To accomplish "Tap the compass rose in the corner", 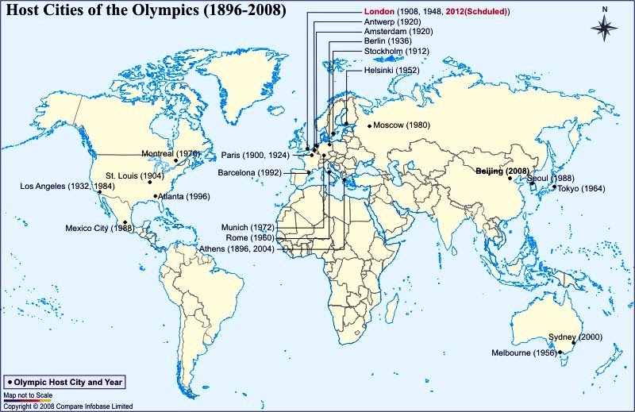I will click(x=605, y=26).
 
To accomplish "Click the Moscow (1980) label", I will click(x=401, y=125).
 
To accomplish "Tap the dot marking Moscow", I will click(x=369, y=125).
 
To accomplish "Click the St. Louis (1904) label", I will click(x=135, y=175).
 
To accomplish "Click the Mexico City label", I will click(x=98, y=229).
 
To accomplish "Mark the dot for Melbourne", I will click(x=560, y=352).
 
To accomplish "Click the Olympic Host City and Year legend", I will click(x=64, y=382).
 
